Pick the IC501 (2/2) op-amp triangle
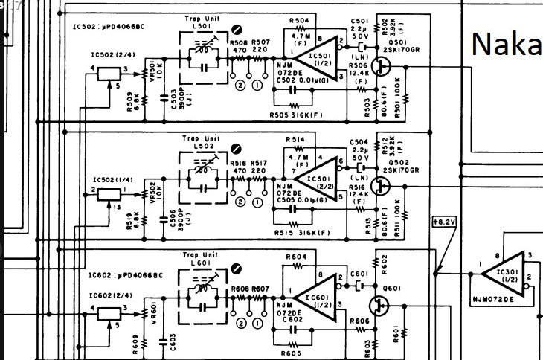(x=309, y=179)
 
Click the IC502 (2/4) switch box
(x=109, y=73)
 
